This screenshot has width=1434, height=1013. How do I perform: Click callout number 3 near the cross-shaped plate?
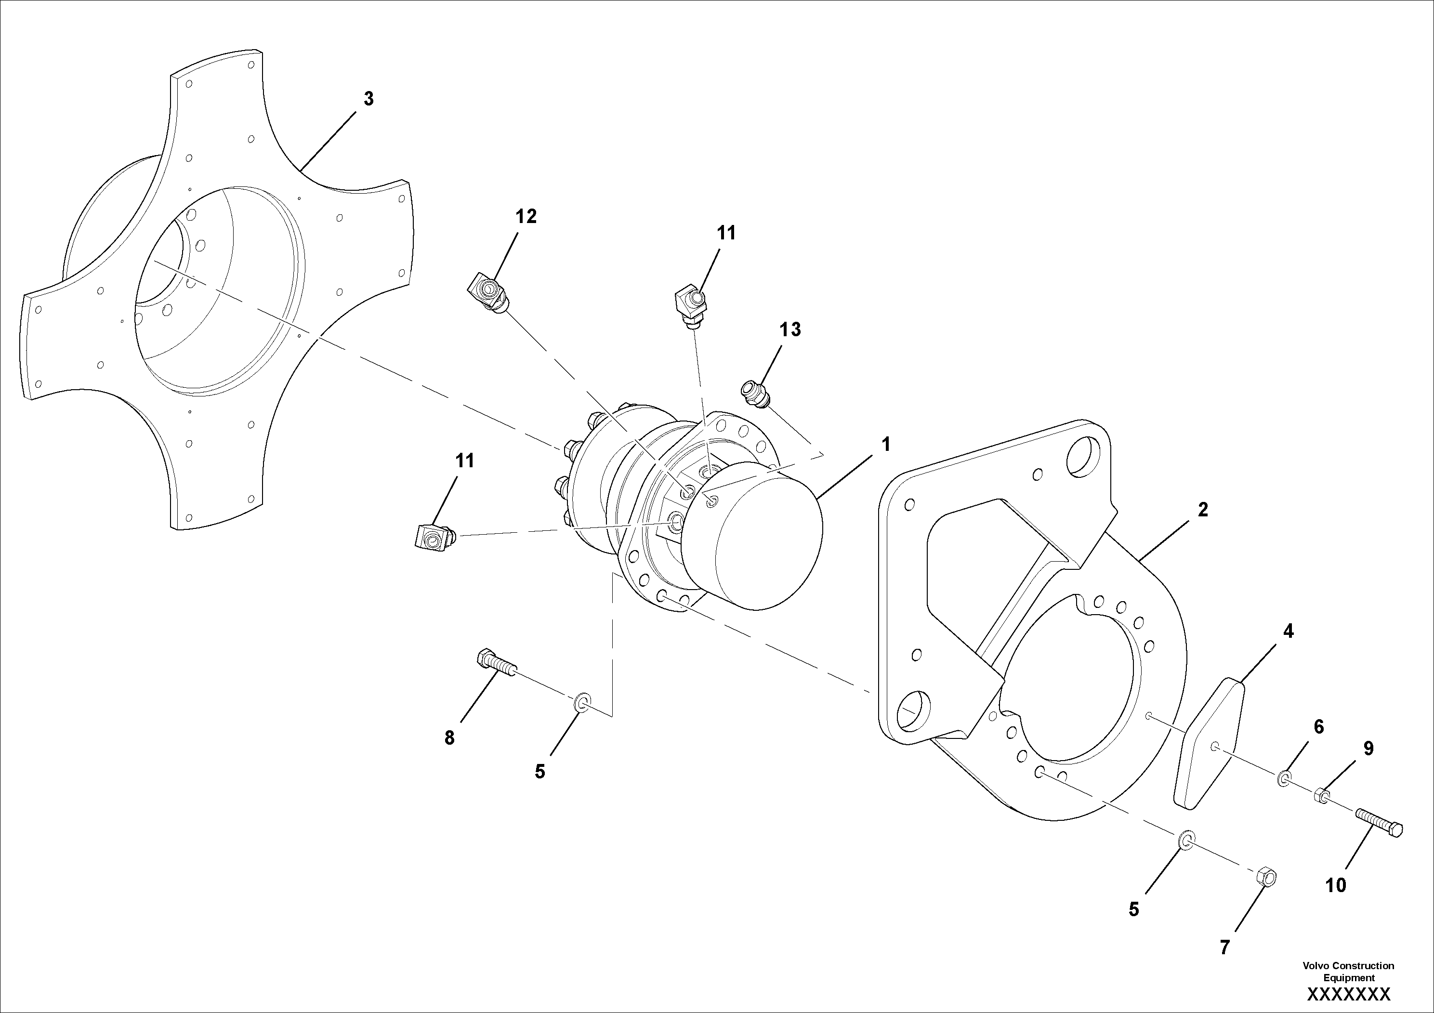(368, 99)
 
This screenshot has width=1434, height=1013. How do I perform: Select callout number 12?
(526, 217)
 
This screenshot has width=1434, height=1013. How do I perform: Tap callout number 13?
(790, 330)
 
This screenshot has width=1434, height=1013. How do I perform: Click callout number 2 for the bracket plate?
(1203, 510)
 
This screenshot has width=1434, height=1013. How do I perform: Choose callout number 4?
(1288, 631)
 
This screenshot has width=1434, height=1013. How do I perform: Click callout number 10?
(1335, 885)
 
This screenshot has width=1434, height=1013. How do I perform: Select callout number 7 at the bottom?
(1225, 947)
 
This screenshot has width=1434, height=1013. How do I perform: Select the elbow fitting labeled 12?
(488, 293)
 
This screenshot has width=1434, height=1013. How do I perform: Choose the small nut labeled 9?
(1322, 796)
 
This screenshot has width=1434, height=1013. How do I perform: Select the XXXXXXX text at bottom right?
(1348, 994)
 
